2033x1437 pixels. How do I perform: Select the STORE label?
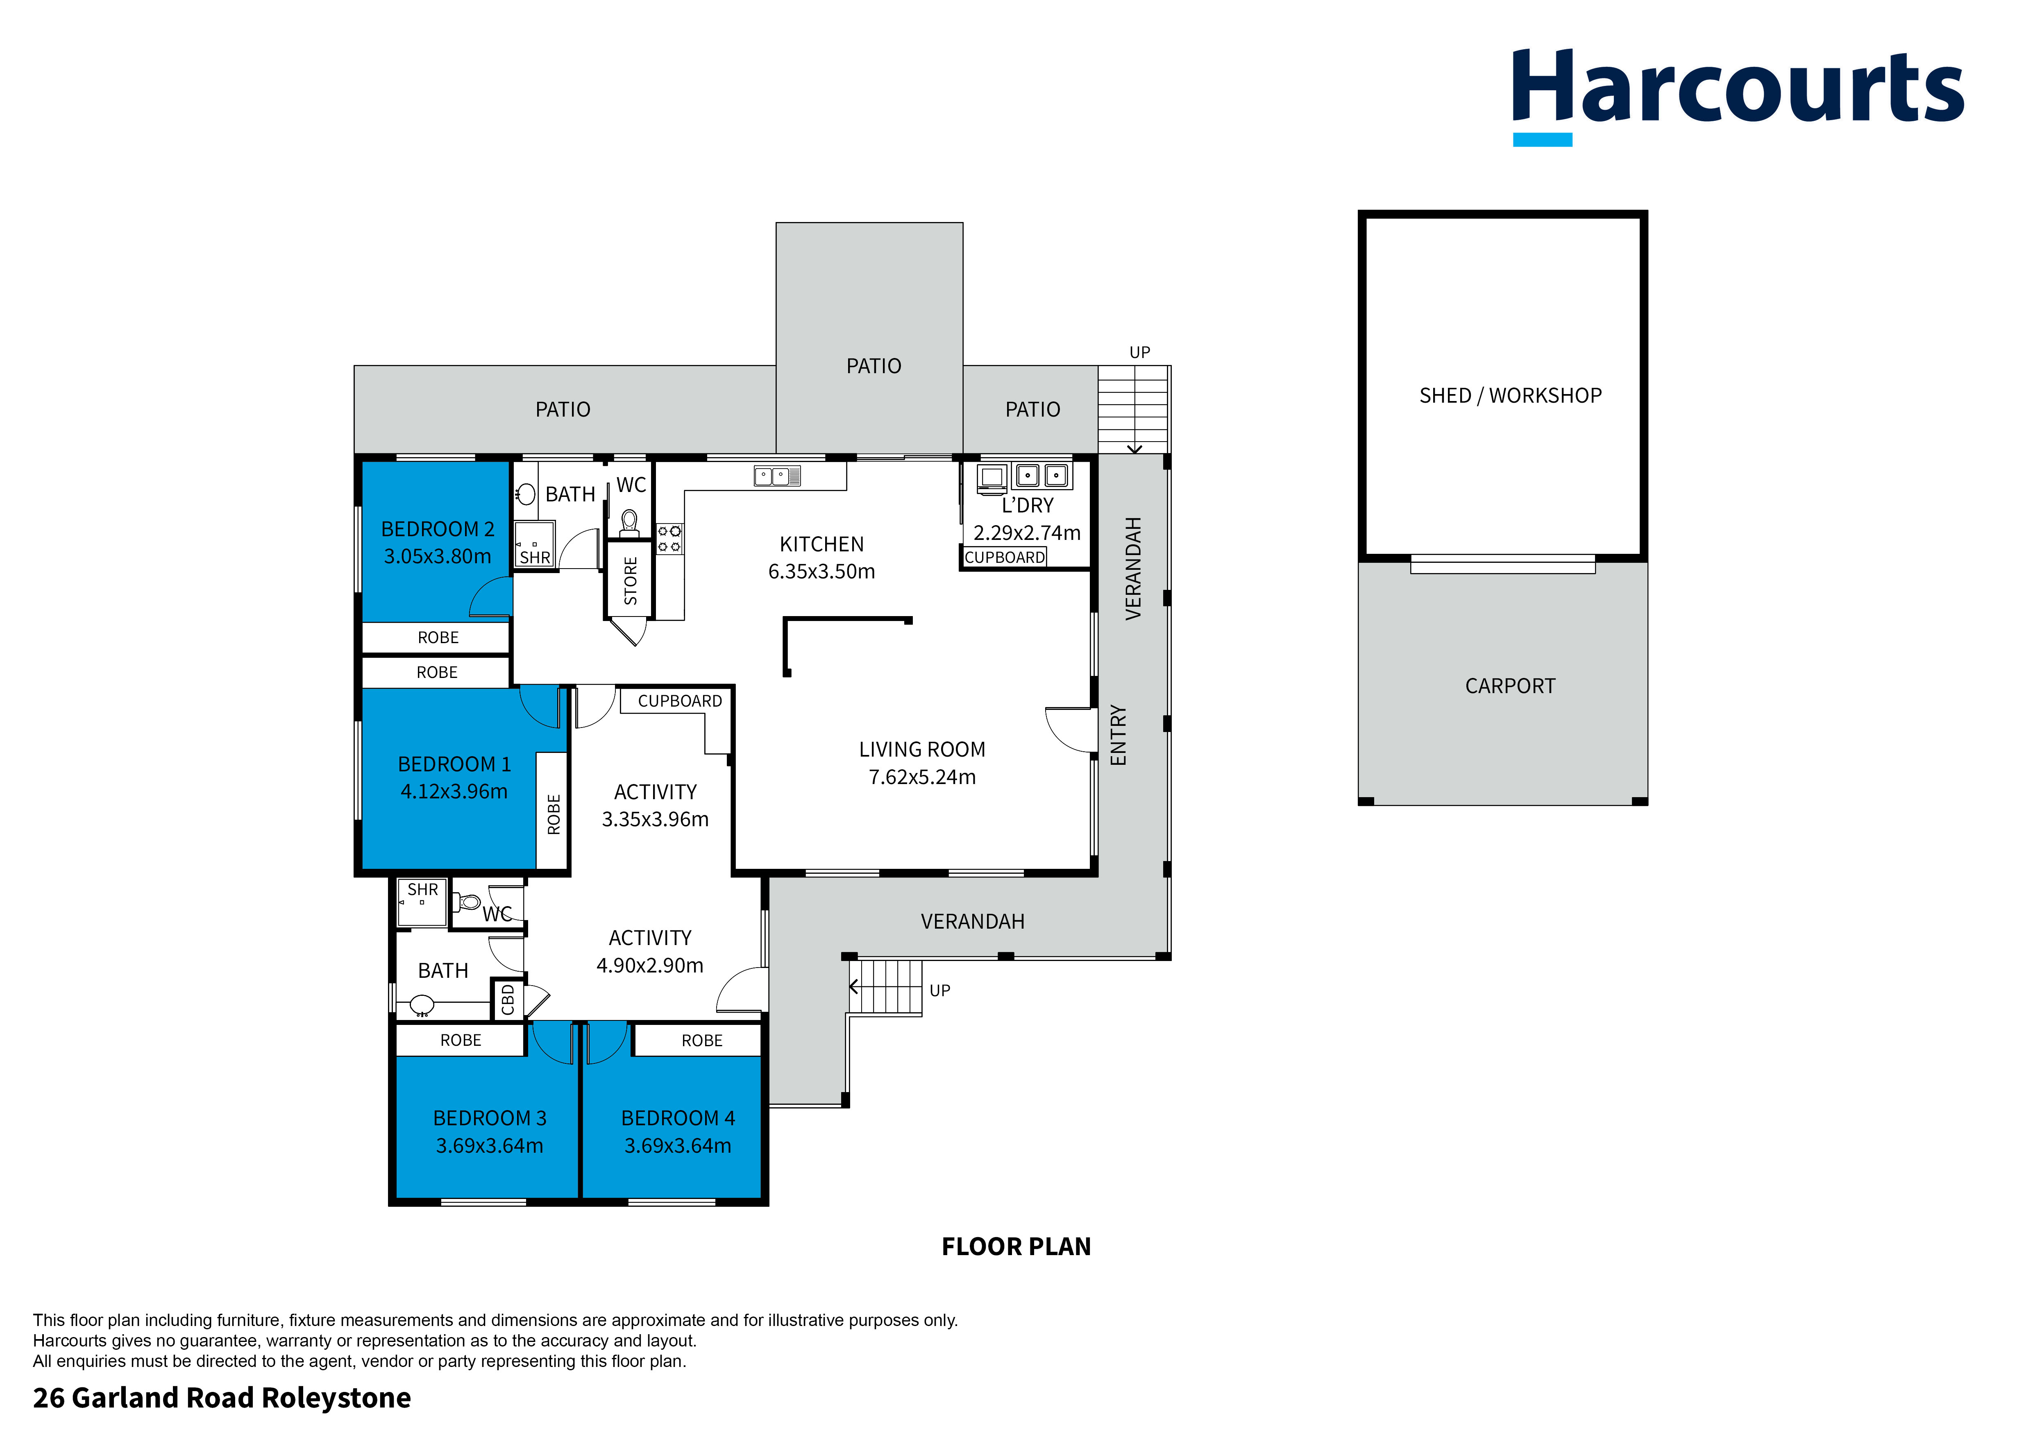coord(631,581)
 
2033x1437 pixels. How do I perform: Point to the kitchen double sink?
coord(776,476)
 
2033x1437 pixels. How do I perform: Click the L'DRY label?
coord(1027,505)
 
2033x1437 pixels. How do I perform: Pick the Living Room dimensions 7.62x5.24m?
coord(922,777)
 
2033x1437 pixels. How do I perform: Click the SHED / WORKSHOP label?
coord(1510,396)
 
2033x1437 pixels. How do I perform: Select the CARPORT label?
coord(1510,686)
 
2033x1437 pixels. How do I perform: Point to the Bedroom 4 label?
coord(677,1118)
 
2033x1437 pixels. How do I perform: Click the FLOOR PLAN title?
coord(1016,1247)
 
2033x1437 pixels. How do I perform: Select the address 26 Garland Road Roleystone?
coord(221,1398)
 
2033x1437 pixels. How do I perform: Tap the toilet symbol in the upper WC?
coord(630,522)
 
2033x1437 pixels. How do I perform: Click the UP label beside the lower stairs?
coord(939,991)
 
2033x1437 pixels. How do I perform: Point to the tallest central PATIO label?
coord(873,367)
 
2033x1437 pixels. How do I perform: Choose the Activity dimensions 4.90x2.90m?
coord(650,966)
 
